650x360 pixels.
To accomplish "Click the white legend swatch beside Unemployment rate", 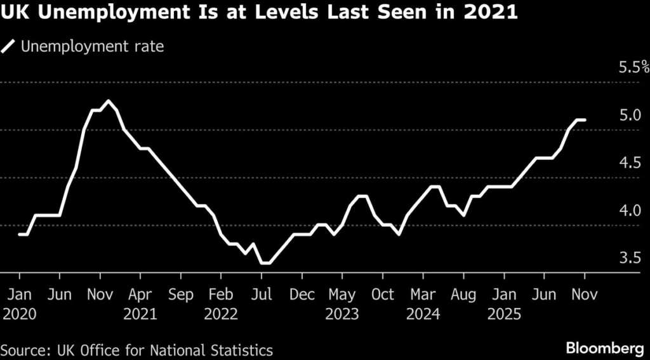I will (8, 46).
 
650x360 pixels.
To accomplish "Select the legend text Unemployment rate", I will (93, 46).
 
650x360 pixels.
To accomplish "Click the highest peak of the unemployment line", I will (108, 101).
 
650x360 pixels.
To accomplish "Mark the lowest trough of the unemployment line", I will (265, 263).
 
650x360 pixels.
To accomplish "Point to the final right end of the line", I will (585, 119).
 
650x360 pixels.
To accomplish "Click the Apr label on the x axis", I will (140, 295).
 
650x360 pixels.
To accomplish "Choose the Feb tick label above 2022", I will (221, 295).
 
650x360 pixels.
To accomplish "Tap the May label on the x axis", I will (342, 295).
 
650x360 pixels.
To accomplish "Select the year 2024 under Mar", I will (423, 314).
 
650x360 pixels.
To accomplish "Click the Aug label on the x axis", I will (463, 295).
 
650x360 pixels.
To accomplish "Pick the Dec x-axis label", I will (302, 295).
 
